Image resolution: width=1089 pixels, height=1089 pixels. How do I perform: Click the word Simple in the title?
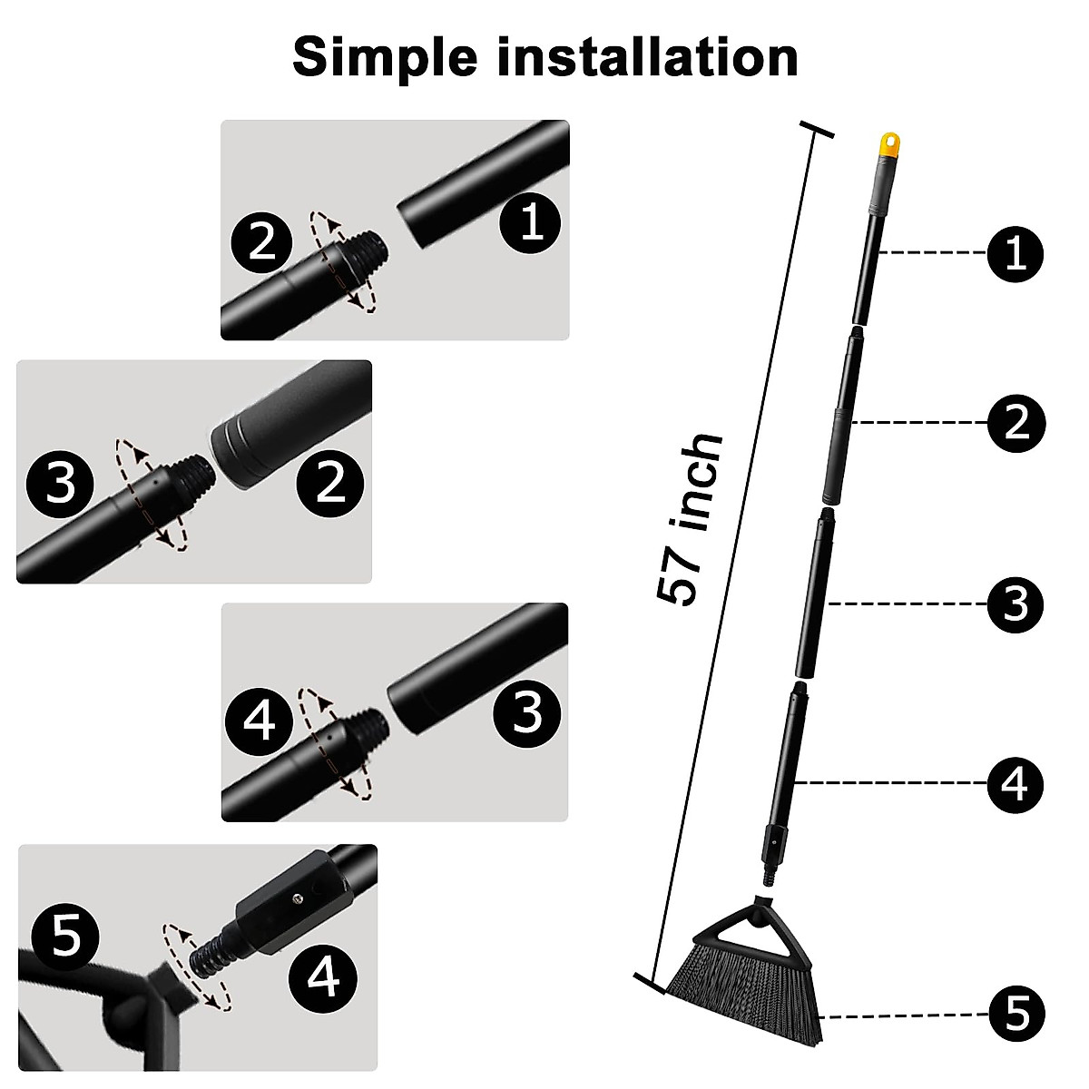(x=385, y=58)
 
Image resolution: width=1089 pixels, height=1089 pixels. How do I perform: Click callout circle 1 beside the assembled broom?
(x=1015, y=253)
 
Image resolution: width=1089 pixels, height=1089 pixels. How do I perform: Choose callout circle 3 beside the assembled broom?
(x=1015, y=603)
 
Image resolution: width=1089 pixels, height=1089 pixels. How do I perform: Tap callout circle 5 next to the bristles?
(x=1015, y=1014)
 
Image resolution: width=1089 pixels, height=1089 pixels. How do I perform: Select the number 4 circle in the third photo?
(x=260, y=723)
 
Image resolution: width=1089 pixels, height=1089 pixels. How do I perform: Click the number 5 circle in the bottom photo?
(x=66, y=936)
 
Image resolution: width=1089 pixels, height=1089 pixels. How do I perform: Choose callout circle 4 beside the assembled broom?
(x=1015, y=783)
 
